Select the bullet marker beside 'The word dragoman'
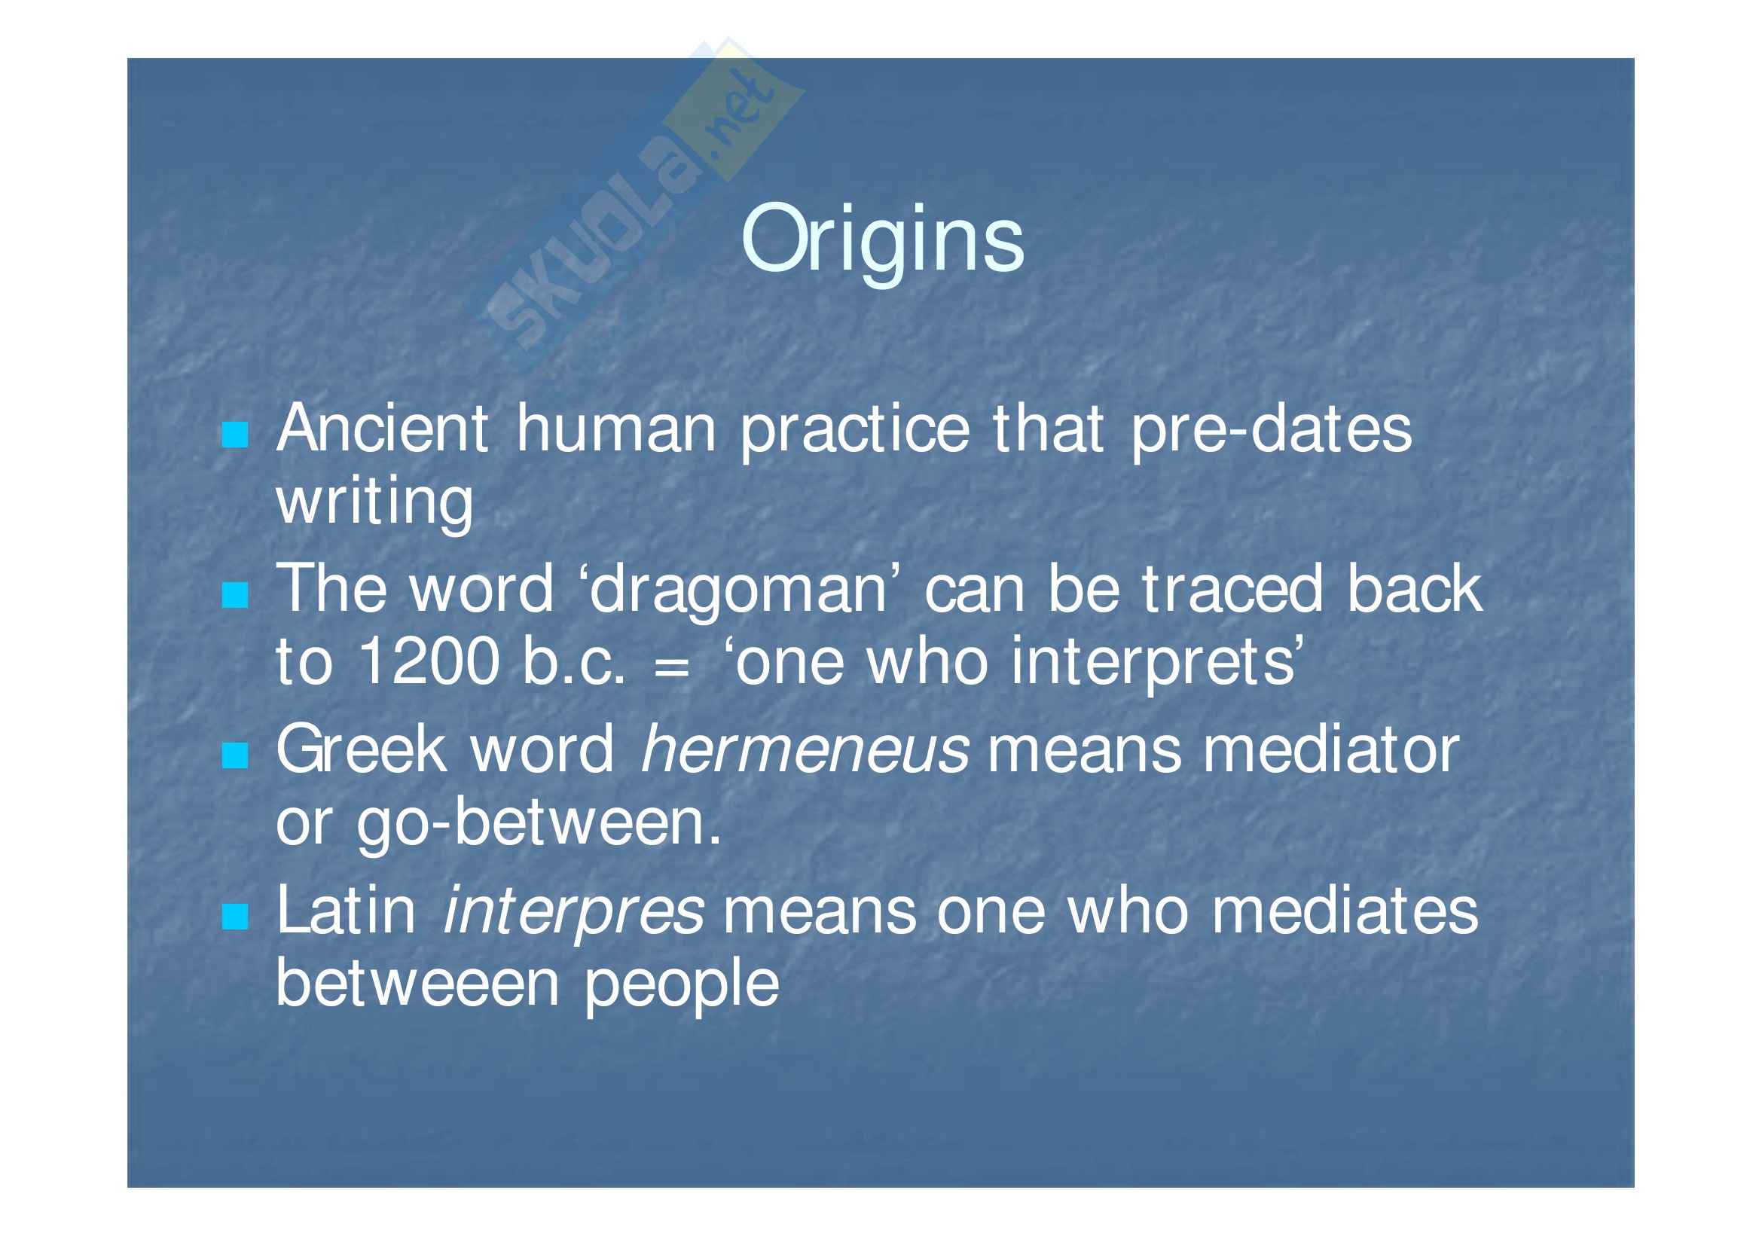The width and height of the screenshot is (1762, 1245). pos(235,594)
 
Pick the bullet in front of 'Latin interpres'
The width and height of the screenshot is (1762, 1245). pos(235,917)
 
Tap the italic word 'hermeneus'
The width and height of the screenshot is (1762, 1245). pos(805,750)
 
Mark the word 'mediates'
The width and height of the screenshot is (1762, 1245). pos(1345,911)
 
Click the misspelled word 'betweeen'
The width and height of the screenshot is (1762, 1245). pos(417,983)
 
